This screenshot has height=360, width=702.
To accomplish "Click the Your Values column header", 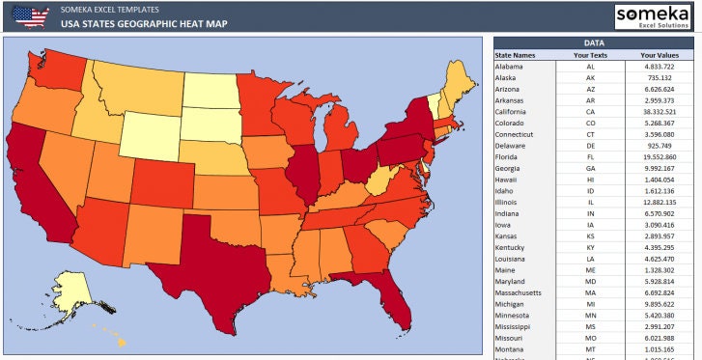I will point(660,56).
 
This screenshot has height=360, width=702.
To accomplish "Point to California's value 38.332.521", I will point(660,111).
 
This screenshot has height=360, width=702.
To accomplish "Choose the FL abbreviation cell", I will point(589,156).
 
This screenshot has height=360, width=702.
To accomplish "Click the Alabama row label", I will point(509,67).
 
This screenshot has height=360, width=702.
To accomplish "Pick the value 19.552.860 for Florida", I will point(660,156).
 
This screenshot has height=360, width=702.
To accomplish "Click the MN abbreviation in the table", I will point(589,315).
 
